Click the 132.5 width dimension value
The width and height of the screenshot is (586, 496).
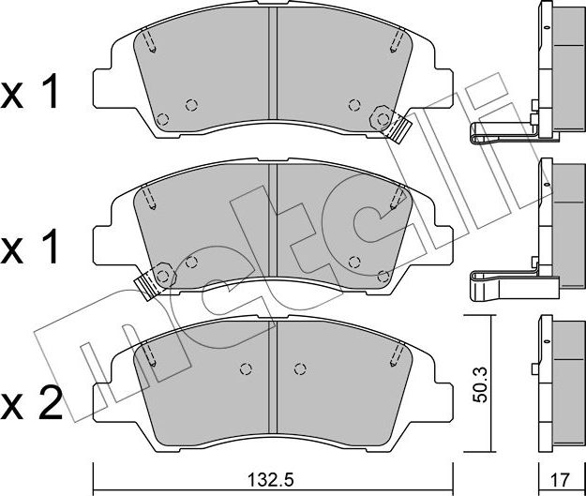pyautogui.click(x=271, y=479)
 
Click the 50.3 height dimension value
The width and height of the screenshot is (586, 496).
pyautogui.click(x=480, y=384)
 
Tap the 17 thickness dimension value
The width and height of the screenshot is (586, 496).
pyautogui.click(x=560, y=479)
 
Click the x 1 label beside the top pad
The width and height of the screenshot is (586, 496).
pyautogui.click(x=29, y=91)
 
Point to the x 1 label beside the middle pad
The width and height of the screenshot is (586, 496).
pyautogui.click(x=29, y=247)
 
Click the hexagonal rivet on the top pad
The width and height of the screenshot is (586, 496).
pyautogui.click(x=383, y=119)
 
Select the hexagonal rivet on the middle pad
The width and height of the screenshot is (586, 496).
pyautogui.click(x=163, y=277)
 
